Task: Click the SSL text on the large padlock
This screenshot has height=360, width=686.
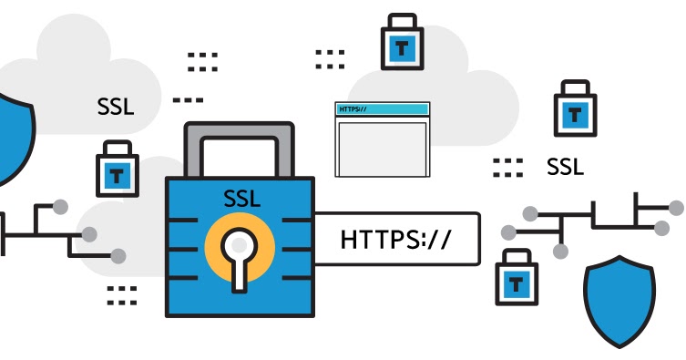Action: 241,199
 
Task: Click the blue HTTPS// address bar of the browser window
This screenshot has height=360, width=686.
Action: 382,109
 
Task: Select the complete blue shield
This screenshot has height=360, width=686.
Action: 619,301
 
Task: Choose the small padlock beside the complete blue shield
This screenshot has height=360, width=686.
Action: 516,278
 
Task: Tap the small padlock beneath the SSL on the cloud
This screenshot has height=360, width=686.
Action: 117,170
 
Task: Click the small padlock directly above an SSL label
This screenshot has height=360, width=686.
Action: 575,111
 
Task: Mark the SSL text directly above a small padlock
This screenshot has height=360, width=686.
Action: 116,106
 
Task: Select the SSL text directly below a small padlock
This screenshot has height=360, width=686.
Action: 565,168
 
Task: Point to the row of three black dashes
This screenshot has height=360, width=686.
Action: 188,99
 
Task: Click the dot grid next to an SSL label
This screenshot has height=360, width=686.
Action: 507,167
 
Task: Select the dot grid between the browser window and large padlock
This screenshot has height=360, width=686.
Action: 330,59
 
